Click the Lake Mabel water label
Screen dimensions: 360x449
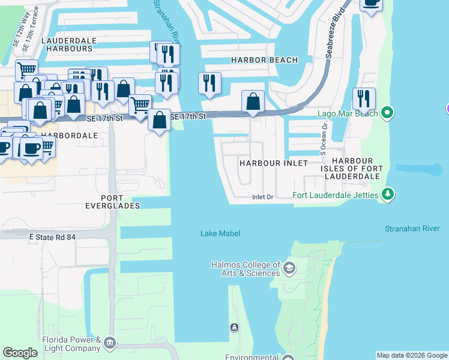click(221, 233)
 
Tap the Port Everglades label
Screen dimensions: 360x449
click(120, 202)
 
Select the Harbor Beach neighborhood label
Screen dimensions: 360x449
click(264, 60)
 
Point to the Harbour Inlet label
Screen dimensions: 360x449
click(273, 163)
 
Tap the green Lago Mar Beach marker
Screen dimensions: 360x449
click(388, 112)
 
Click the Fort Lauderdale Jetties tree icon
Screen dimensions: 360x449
click(388, 194)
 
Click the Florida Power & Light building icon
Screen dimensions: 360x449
click(109, 343)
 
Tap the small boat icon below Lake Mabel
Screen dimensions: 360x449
click(234, 327)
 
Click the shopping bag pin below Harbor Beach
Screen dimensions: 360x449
click(253, 101)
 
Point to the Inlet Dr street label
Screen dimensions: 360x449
click(262, 197)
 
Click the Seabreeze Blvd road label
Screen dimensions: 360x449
click(337, 33)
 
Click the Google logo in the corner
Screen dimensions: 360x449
click(20, 353)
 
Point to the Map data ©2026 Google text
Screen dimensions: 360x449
click(411, 355)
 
